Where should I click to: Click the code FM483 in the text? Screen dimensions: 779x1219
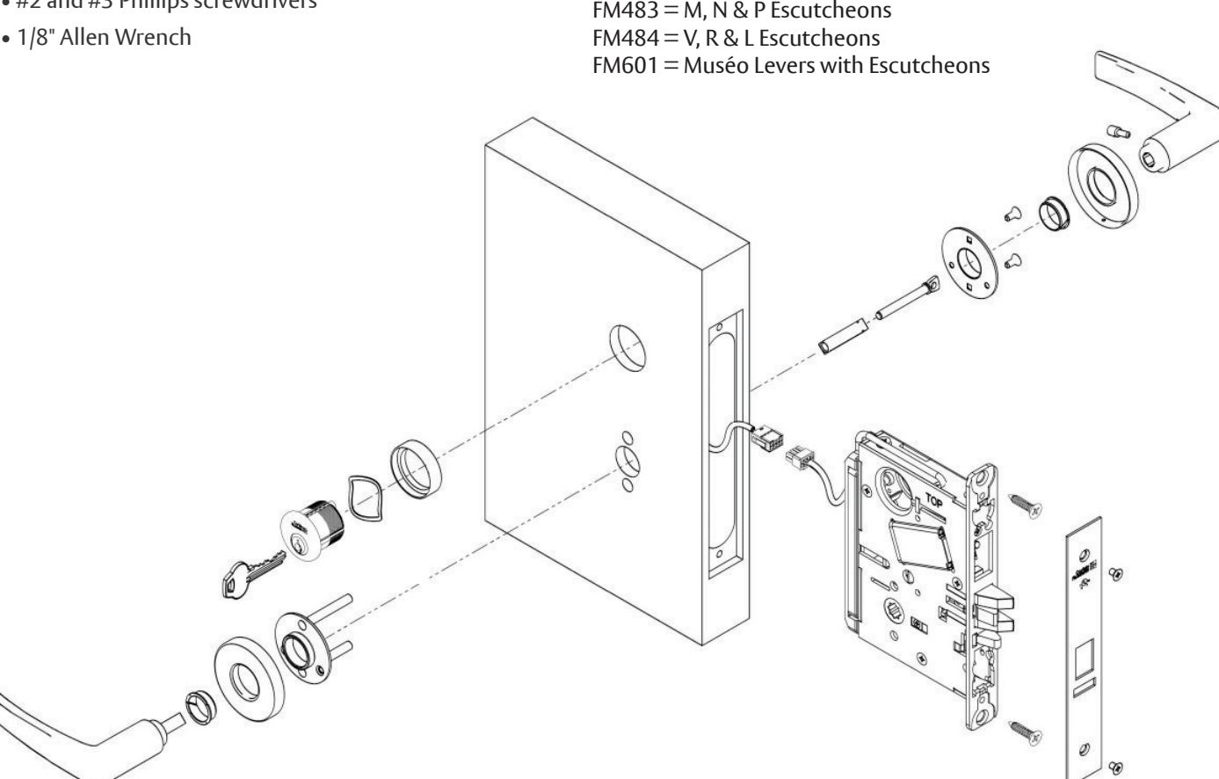tap(623, 11)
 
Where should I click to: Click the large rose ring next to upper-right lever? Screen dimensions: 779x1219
tap(1103, 186)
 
